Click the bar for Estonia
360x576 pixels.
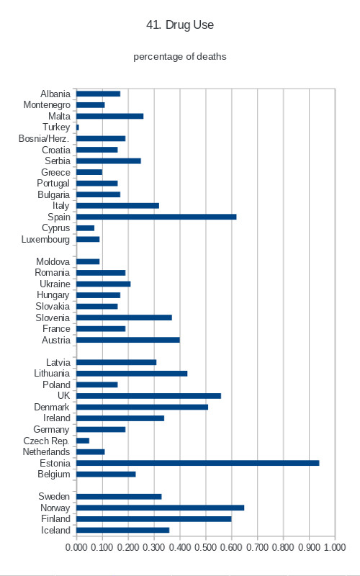(197, 463)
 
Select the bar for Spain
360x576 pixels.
(156, 217)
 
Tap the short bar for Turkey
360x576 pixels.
(78, 127)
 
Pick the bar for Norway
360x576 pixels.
(160, 508)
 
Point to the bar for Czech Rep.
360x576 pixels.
(83, 441)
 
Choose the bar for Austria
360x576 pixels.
(128, 340)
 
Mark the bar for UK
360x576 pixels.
(149, 395)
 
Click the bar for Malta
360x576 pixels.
(110, 116)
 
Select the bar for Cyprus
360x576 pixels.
(85, 228)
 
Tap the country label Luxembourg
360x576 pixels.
(45, 240)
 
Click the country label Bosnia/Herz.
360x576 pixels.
(44, 138)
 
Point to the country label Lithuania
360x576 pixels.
(52, 373)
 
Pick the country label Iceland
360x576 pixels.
(55, 530)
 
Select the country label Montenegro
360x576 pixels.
(47, 105)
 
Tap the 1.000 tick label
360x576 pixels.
(335, 547)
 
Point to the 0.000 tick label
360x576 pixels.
(76, 547)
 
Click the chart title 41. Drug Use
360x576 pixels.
(180, 24)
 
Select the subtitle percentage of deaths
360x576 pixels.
(180, 57)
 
